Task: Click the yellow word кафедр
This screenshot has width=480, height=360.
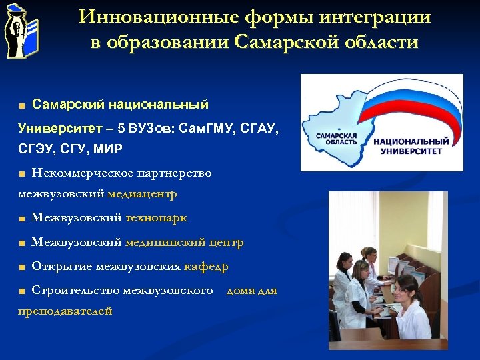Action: click(x=206, y=267)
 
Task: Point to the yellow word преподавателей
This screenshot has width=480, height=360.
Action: click(x=65, y=311)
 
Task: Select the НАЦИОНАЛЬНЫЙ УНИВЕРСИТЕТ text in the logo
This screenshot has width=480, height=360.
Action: click(x=411, y=146)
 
